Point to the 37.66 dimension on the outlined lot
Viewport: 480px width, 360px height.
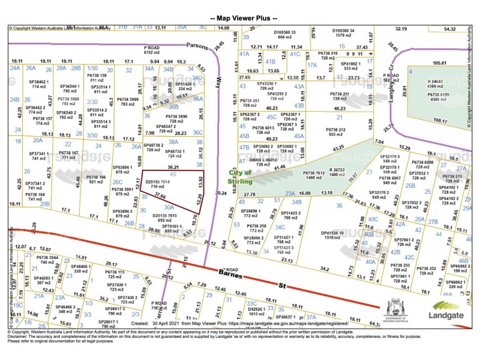(158, 196)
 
